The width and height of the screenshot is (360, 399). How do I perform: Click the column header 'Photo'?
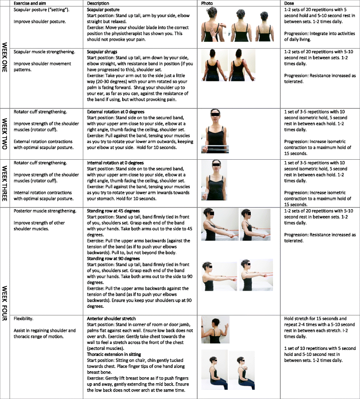(206, 3)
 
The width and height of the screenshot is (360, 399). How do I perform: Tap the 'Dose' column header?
(289, 3)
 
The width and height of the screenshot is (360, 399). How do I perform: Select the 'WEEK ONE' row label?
(5, 57)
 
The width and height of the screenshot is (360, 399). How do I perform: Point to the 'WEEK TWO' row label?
(5, 134)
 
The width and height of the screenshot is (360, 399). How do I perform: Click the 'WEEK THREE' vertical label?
(5, 183)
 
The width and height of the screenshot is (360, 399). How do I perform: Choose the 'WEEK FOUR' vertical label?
(5, 303)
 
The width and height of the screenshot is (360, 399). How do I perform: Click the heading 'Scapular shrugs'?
(102, 52)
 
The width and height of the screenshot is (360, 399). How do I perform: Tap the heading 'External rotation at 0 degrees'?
(116, 112)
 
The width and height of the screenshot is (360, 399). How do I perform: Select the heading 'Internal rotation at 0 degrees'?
(115, 163)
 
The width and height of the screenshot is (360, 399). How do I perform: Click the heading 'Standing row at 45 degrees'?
(113, 211)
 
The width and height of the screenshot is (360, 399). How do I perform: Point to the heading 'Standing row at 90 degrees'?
(113, 259)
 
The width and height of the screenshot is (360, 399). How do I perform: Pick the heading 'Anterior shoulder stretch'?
(111, 318)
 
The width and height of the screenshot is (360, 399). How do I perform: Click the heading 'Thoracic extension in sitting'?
(114, 354)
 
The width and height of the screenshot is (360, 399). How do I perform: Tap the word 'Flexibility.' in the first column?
(24, 318)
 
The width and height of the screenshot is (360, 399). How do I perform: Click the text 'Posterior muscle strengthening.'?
(45, 211)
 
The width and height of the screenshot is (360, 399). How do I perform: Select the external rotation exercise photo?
(215, 131)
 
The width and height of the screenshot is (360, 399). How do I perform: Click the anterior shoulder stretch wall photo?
(215, 330)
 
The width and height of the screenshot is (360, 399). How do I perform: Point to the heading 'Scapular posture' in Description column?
(103, 10)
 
